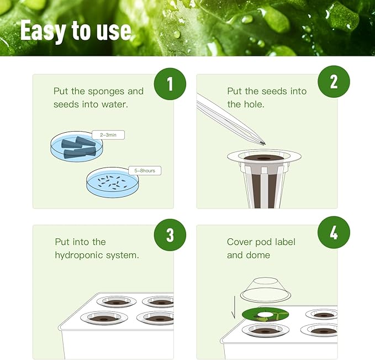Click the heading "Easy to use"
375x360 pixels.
pyautogui.click(x=76, y=31)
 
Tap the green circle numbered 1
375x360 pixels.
pyautogui.click(x=170, y=84)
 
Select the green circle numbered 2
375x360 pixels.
pyautogui.click(x=334, y=82)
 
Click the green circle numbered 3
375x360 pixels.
pyautogui.click(x=170, y=234)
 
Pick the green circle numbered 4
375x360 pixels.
pyautogui.click(x=334, y=232)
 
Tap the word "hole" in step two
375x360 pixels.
pyautogui.click(x=249, y=104)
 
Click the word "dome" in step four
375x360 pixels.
pyautogui.click(x=258, y=255)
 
